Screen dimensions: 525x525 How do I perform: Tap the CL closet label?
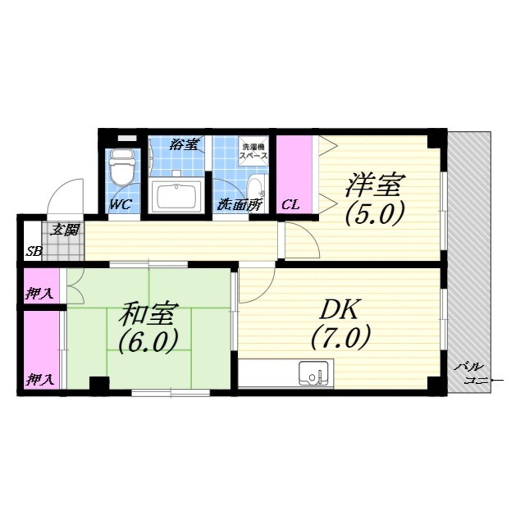[x=290, y=205]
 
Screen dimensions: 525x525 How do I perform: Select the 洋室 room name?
[x=375, y=184]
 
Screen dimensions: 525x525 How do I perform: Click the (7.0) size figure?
[x=341, y=338]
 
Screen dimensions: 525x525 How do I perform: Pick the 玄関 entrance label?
[x=65, y=230]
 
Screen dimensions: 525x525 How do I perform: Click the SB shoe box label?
[x=34, y=251]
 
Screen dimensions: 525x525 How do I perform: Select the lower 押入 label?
[x=40, y=380]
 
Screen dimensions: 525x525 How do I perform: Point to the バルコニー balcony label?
[x=471, y=373]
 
